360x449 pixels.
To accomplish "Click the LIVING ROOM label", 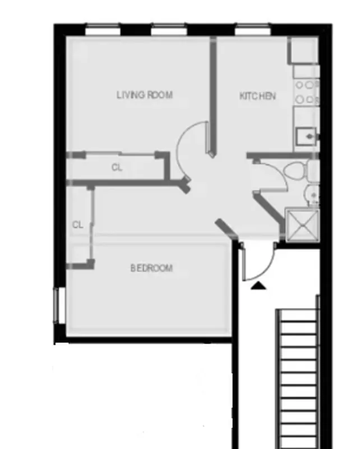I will [144, 95].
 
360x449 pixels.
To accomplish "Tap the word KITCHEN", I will [257, 96].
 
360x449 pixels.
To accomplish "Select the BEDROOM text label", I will [151, 268].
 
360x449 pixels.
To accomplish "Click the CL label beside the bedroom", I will [77, 224].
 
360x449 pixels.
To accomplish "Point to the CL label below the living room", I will [117, 167].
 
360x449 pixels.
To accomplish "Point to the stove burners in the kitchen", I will [306, 92].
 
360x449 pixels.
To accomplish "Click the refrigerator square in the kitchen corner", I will [303, 51].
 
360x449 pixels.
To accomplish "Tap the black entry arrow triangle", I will [258, 286].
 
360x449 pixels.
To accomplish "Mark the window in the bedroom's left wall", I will [56, 306].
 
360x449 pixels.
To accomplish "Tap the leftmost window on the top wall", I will [103, 29].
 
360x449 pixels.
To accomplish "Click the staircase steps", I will [297, 376].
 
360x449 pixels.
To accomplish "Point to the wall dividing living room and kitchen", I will [213, 95].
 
